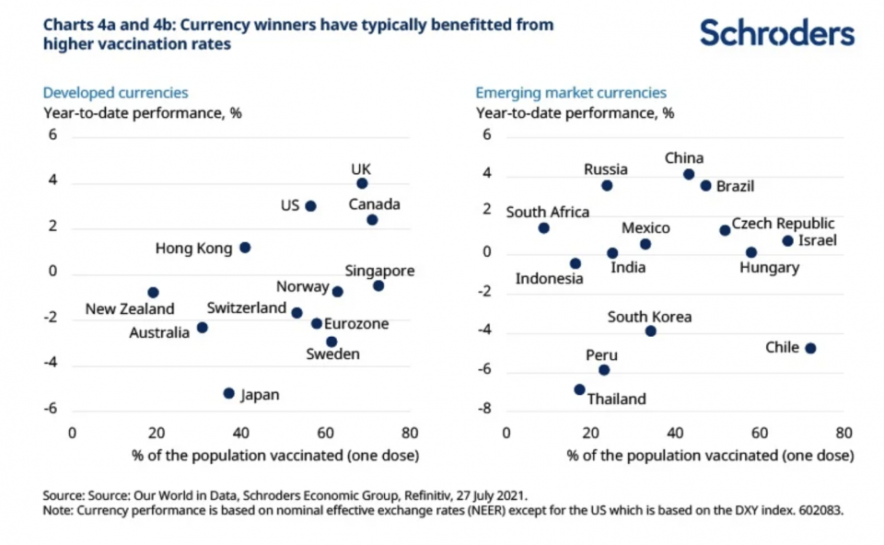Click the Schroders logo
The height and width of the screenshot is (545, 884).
click(x=776, y=33)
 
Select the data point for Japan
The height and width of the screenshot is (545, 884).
click(x=228, y=393)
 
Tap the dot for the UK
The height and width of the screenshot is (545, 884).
click(x=362, y=183)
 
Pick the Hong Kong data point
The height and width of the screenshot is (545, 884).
click(x=245, y=248)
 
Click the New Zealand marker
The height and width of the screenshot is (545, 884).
click(x=153, y=293)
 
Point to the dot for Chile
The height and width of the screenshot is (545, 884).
click(x=810, y=348)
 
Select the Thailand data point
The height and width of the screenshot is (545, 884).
click(x=579, y=389)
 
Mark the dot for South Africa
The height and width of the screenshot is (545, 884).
click(x=543, y=227)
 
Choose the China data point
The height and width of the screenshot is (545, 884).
click(x=689, y=174)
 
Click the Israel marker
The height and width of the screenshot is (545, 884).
click(x=787, y=241)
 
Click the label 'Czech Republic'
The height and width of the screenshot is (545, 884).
click(x=783, y=224)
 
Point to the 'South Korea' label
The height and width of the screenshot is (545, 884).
click(x=649, y=318)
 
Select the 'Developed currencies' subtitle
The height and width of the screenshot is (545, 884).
click(x=115, y=93)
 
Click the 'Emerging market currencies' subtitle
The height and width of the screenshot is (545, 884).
click(x=571, y=93)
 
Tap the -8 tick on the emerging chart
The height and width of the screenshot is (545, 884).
click(x=486, y=409)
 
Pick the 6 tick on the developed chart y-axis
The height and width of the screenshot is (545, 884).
click(x=52, y=135)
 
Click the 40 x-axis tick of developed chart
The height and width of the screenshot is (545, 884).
click(x=241, y=432)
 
